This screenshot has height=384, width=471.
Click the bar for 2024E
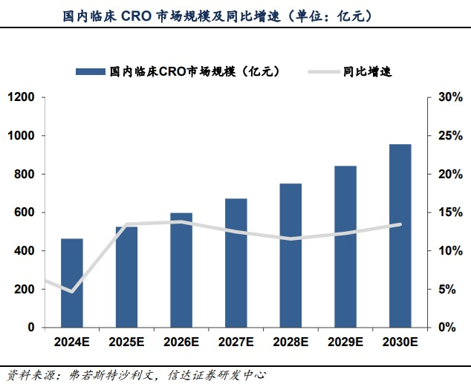tap(72, 283)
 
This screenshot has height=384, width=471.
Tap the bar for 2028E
tap(290, 256)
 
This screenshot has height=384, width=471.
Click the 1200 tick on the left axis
tap(22, 97)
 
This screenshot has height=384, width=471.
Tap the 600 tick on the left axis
tap(25, 212)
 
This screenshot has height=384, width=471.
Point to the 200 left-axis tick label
tap(25, 289)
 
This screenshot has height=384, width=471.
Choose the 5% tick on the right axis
tap(448, 289)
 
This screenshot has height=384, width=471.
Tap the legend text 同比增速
tap(368, 71)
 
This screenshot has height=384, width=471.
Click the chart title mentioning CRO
tap(218, 15)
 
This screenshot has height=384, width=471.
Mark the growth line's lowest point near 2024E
tap(72, 291)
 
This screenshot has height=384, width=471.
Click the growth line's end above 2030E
tap(400, 224)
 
